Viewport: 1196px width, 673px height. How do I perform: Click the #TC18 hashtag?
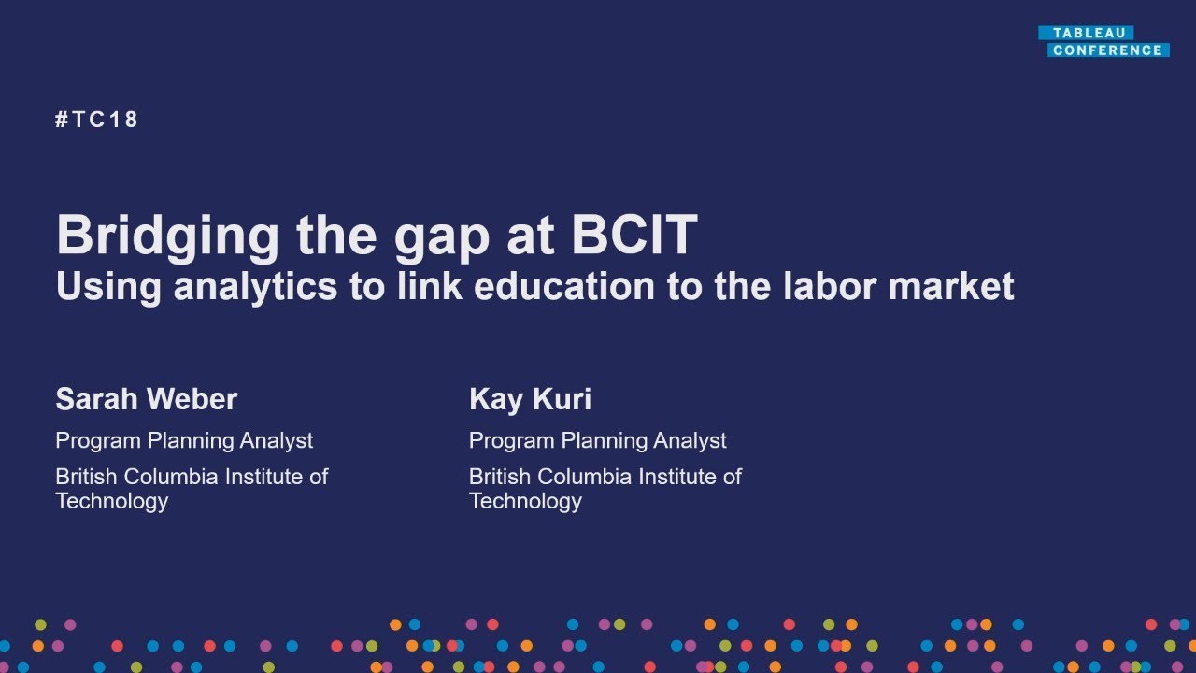(x=97, y=120)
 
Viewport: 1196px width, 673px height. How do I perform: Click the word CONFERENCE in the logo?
(x=1107, y=50)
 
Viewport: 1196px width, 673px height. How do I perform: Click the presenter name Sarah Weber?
(x=147, y=399)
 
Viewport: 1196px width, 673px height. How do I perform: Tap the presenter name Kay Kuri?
(x=530, y=399)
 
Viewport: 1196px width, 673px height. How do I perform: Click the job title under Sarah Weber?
(x=184, y=440)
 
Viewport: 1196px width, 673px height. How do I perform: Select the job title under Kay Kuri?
(x=597, y=440)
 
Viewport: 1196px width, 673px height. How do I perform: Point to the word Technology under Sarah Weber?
(x=112, y=501)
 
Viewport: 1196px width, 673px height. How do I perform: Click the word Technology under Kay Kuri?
(x=525, y=501)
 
